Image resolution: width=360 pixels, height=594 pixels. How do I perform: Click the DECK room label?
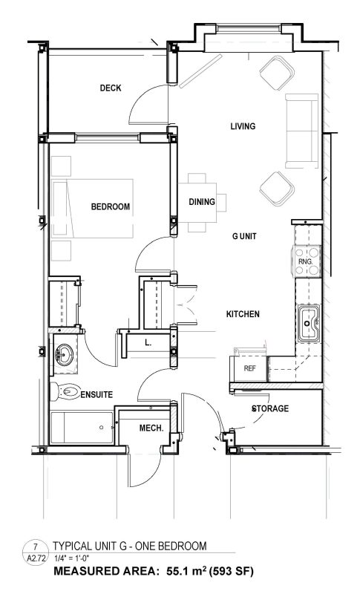tap(111, 88)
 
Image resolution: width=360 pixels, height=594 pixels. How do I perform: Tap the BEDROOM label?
tap(110, 206)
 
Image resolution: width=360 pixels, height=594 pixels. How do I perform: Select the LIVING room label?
tap(243, 125)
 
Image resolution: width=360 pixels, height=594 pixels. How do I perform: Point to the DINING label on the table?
tap(202, 202)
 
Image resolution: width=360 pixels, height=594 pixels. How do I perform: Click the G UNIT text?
tap(244, 236)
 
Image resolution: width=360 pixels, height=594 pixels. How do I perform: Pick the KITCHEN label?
tap(243, 314)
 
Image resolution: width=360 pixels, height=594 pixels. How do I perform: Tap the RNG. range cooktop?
tap(306, 261)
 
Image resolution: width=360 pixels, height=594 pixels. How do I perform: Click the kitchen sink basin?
tap(309, 323)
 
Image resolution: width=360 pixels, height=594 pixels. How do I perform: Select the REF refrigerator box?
tap(249, 368)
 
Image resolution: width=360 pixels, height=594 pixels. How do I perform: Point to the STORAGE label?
tap(270, 408)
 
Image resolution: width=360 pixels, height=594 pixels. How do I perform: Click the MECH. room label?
tap(151, 428)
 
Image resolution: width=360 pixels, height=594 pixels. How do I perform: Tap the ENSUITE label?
tap(96, 395)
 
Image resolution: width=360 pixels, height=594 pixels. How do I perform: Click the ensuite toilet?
tap(65, 391)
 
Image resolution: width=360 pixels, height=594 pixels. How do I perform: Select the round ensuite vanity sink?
tap(64, 355)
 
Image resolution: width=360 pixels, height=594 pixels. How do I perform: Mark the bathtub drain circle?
tap(101, 428)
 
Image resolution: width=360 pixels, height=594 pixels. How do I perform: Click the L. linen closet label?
tap(148, 343)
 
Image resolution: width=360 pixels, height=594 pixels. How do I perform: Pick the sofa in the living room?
tap(301, 131)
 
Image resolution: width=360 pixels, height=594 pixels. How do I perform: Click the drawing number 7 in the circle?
tap(35, 546)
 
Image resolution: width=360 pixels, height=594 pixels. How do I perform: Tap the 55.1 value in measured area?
tap(177, 571)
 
